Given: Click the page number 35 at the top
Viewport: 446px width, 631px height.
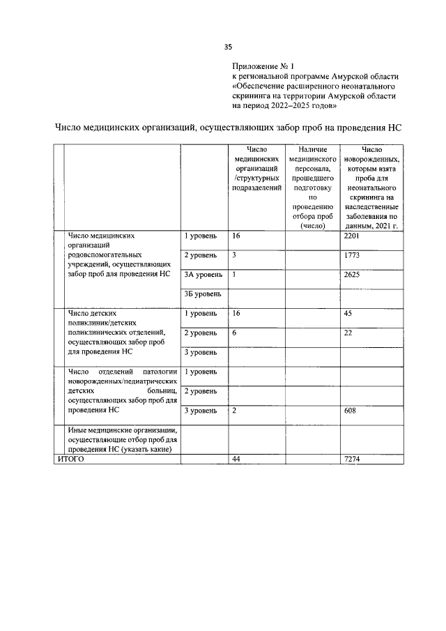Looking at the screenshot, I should click(228, 47).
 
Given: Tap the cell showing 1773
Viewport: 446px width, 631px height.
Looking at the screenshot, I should click(351, 255).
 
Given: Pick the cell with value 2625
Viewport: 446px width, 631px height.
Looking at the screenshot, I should click(351, 274).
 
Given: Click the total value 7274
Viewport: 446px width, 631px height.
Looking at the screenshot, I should click(351, 458).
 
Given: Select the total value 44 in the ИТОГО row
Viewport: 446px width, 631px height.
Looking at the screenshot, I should click(236, 458).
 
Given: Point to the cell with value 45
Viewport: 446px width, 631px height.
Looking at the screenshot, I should click(348, 313).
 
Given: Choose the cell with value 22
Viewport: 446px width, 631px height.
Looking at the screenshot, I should click(348, 333).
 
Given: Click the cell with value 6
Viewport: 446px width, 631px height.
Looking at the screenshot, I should click(234, 333).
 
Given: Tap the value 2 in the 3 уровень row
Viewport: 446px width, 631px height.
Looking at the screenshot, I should click(234, 411).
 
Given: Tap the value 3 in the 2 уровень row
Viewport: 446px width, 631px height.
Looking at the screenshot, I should click(234, 255).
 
